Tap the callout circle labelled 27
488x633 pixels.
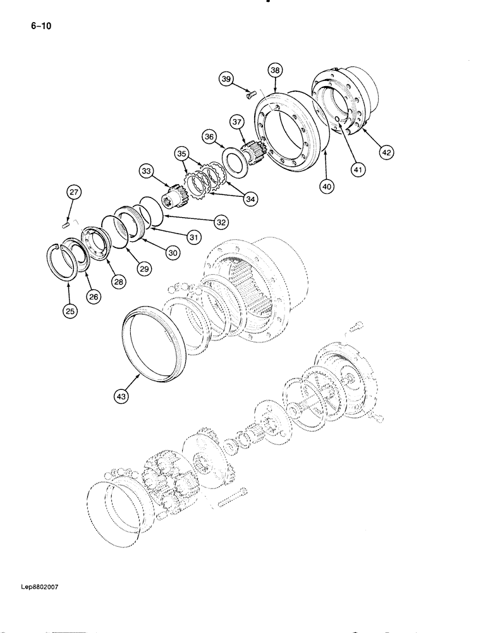73,193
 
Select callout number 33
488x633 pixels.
147,171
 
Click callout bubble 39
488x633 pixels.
226,78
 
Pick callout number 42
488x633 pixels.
386,151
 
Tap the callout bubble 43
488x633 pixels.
122,397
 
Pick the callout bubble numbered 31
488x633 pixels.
193,237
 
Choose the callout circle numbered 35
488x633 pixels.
183,153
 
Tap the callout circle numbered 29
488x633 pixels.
145,269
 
